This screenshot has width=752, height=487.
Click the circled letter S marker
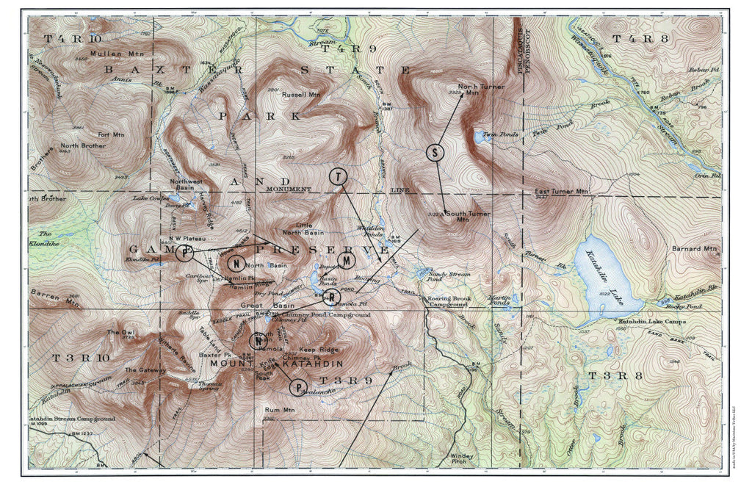coord(435,153)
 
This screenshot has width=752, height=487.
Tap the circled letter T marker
coord(337,177)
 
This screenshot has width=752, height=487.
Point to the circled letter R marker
coord(331,297)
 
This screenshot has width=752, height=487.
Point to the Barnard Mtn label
coord(693,249)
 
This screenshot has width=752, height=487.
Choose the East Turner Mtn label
coord(562,192)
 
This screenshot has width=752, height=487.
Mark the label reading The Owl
coord(120,333)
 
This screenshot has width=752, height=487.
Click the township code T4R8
coord(632,38)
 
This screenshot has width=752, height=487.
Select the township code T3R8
coord(612,376)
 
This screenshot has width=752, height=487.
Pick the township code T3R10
coord(82,358)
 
